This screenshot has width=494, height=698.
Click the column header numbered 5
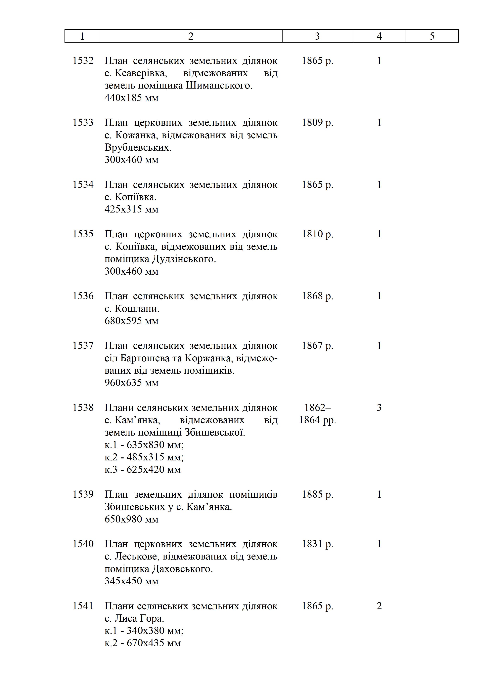pyautogui.click(x=432, y=36)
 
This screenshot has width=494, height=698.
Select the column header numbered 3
pyautogui.click(x=317, y=36)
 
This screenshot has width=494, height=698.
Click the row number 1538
pyautogui.click(x=83, y=408)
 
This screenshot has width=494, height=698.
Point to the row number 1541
pyautogui.click(x=83, y=606)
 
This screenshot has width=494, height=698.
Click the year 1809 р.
pyautogui.click(x=317, y=123)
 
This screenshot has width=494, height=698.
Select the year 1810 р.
pyautogui.click(x=317, y=234)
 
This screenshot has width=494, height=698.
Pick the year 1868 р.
pyautogui.click(x=317, y=296)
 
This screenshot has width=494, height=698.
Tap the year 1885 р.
pyautogui.click(x=317, y=494)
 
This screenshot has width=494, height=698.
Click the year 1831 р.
pyautogui.click(x=317, y=544)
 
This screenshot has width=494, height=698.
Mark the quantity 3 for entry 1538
pyautogui.click(x=379, y=408)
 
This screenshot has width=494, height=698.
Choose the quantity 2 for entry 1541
pyautogui.click(x=379, y=606)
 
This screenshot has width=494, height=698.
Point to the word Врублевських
pyautogui.click(x=138, y=147)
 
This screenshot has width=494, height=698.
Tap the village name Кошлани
pyautogui.click(x=137, y=309)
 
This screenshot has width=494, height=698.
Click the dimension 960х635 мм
pyautogui.click(x=131, y=383)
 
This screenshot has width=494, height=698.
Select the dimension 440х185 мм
pyautogui.click(x=131, y=98)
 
